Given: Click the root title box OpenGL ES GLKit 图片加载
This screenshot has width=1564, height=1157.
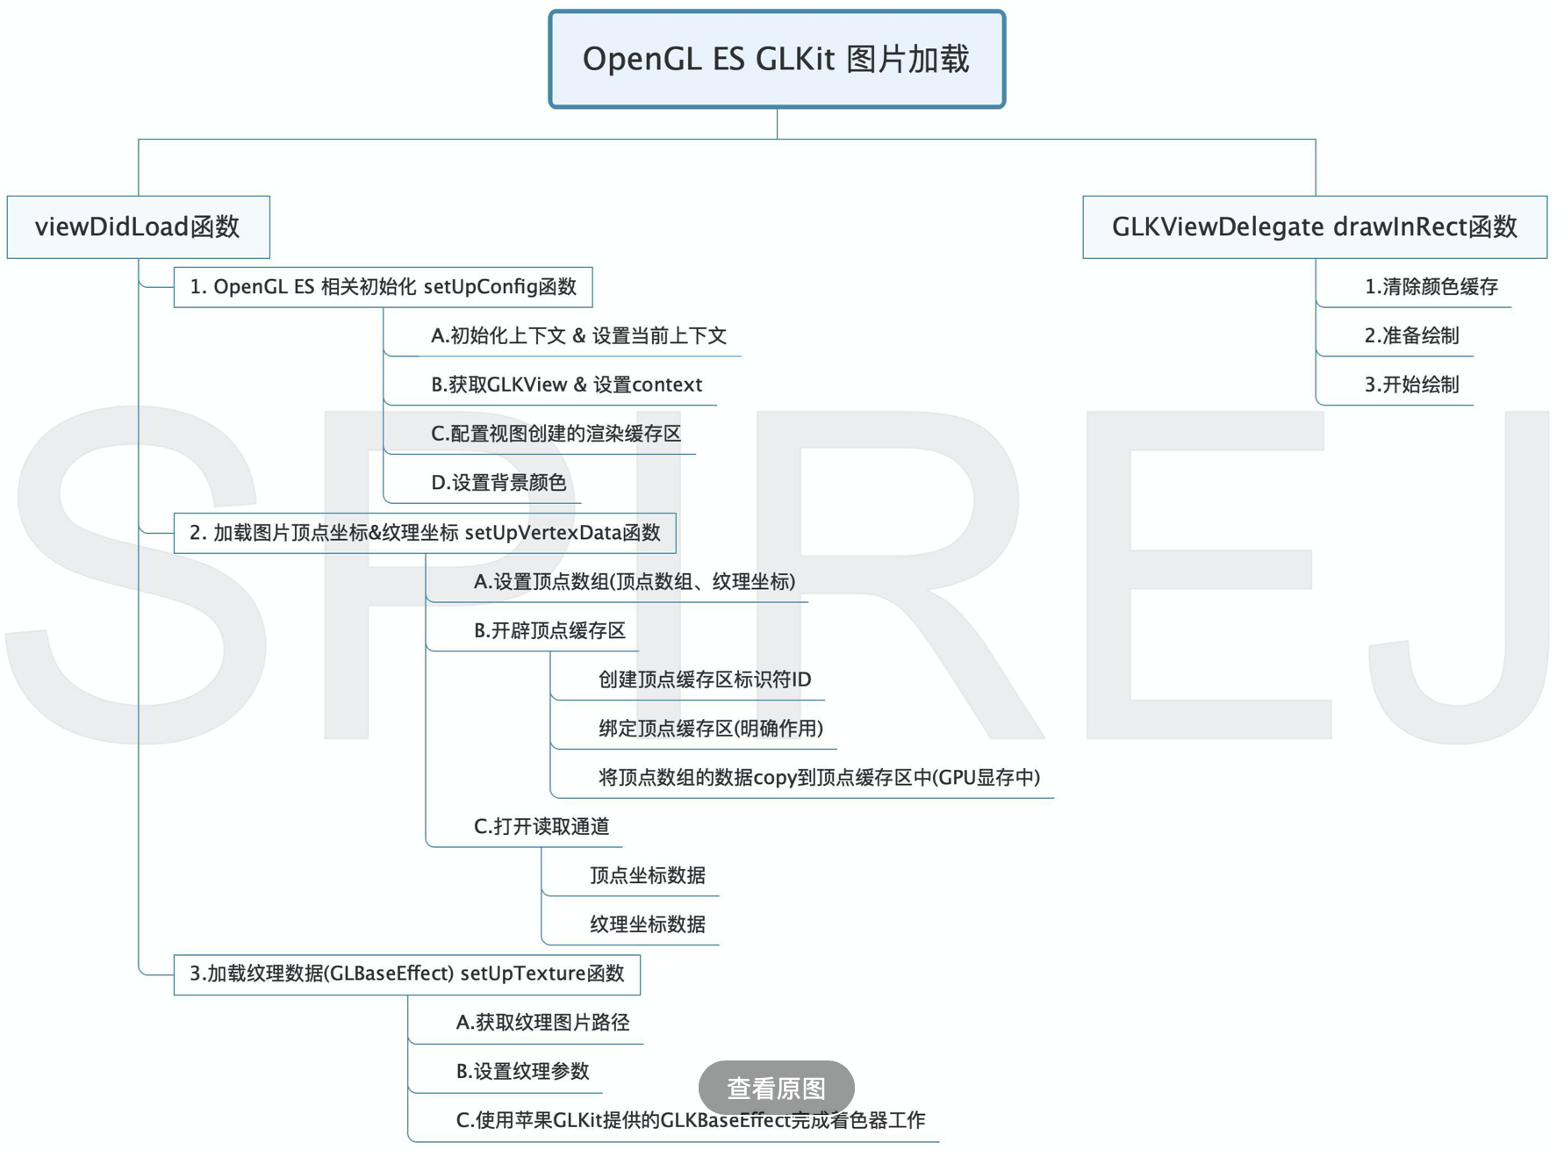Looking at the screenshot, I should pos(776,60).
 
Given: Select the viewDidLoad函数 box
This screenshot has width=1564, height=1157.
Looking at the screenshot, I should pos(138,226).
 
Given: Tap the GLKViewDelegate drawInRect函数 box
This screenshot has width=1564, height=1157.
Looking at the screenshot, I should pos(1314,226).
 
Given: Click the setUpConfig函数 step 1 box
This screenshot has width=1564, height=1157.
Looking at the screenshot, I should pos(383,287).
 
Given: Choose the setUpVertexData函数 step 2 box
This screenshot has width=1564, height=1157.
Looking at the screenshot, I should pos(425,533).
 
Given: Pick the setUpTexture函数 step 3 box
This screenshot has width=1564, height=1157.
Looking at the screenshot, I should pos(407,974).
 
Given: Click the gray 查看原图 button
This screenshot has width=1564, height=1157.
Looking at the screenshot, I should pos(776,1088).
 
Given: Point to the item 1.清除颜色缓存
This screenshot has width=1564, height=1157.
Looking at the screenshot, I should pos(1431,287).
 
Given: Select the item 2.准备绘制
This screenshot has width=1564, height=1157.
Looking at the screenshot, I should pos(1411,336).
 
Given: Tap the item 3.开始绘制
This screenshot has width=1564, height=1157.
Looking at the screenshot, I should pos(1411,385).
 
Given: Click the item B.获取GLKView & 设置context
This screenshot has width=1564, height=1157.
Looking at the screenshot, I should pos(566,385).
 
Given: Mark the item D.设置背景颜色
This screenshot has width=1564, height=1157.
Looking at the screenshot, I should pos(499,483).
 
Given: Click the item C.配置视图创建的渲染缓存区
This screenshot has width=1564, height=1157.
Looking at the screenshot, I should pos(556,434).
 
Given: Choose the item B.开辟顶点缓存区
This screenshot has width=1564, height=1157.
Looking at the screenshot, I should pos(549,631).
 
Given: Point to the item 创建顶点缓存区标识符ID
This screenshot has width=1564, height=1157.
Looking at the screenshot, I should pos(705,679).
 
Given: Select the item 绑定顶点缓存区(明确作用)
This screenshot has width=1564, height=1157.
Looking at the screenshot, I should pos(711,729).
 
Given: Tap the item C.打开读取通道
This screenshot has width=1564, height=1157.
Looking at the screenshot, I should pos(541,827).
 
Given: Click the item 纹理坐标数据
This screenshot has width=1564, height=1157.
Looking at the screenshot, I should pos(648,924).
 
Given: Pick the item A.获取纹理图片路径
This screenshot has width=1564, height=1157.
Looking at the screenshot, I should pos(542,1023).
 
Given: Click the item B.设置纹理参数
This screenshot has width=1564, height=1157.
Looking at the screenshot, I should pos(522,1072).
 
